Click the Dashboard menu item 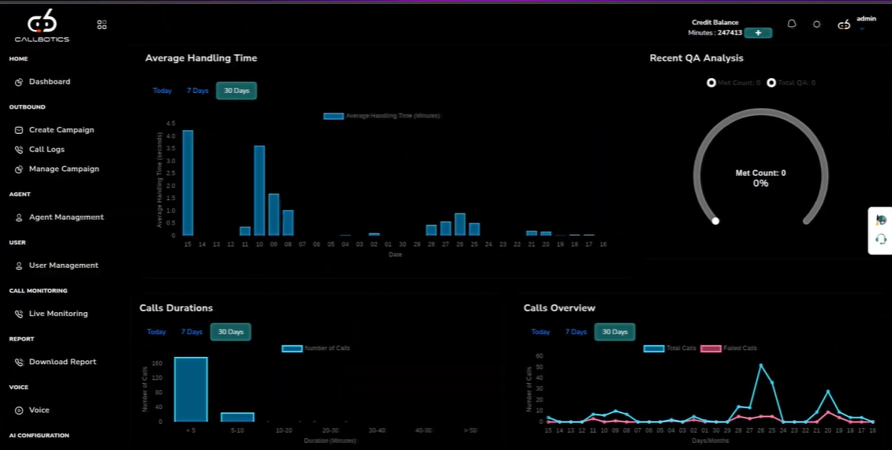(x=49, y=82)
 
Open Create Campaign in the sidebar (x=61, y=130)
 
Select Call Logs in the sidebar (x=47, y=150)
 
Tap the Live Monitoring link (x=58, y=314)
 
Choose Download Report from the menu (x=62, y=362)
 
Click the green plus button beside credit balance (x=758, y=33)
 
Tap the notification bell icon (x=792, y=24)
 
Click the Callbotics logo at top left (x=42, y=25)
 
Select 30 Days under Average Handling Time (x=237, y=91)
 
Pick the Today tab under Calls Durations (x=156, y=332)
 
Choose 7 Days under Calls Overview (x=576, y=332)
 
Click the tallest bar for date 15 (x=188, y=183)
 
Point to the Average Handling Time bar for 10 (x=259, y=191)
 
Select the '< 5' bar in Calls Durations (x=191, y=389)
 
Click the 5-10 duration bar (x=237, y=417)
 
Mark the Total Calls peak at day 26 (x=761, y=365)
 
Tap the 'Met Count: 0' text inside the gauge (x=760, y=173)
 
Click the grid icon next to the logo (x=102, y=25)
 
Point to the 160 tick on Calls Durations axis (x=157, y=363)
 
